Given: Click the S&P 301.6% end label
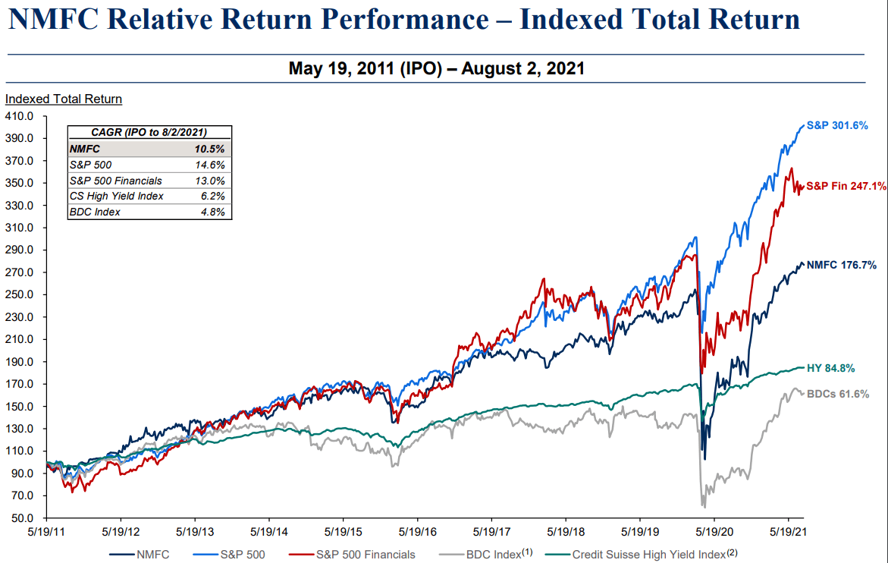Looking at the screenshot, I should coord(836,125).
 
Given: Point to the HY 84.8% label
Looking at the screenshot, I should coord(830,369).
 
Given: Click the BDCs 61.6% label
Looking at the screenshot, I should coord(837,394).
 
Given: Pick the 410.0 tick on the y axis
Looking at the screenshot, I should coord(20,117).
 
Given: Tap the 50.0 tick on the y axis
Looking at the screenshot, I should coord(23,518).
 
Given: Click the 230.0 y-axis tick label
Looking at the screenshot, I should coord(20,317).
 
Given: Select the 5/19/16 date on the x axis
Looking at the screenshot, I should coord(417,533).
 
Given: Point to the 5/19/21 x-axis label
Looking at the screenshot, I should coord(788,533).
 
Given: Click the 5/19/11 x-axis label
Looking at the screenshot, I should coord(47,533).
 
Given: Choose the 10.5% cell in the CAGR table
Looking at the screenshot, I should coord(210,149).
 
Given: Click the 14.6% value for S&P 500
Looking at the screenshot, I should coord(210,165).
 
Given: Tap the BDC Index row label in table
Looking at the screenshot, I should coord(95,212).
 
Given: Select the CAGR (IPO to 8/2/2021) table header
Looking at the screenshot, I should coord(149,132).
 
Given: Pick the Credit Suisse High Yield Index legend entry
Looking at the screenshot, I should coord(649,555).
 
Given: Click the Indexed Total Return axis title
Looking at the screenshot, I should coord(64,99).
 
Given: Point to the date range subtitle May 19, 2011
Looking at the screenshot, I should coord(436,68).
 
